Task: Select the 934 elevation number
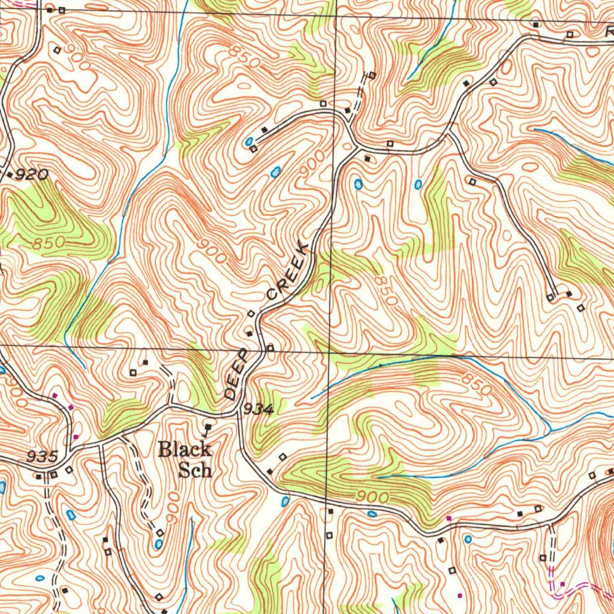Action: (258, 410)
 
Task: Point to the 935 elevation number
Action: (42, 456)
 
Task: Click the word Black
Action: (185, 449)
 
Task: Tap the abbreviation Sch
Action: (195, 469)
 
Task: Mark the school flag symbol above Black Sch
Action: (207, 428)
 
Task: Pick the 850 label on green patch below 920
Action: (48, 244)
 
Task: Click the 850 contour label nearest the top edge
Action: (244, 57)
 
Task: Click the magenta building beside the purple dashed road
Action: (562, 583)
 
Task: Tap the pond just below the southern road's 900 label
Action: (372, 514)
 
